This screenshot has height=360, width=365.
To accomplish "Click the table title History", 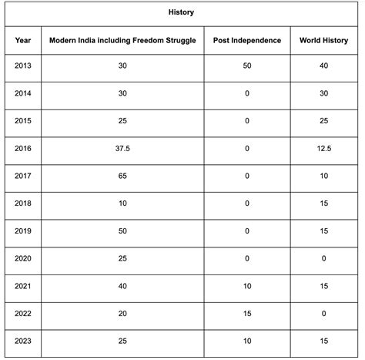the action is (x=182, y=13).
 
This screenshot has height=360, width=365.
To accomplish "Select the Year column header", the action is (x=22, y=40).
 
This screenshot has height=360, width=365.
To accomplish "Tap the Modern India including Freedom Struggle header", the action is (x=122, y=40).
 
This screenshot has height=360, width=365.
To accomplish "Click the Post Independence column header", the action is (x=246, y=40).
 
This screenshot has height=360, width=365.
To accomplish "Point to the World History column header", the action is (x=323, y=40).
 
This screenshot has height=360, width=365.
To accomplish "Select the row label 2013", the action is (x=22, y=66).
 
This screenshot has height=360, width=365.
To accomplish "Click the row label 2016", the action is (x=22, y=148).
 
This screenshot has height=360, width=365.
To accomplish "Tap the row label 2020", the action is (x=22, y=259).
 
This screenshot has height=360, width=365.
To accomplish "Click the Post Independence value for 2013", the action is (x=246, y=66).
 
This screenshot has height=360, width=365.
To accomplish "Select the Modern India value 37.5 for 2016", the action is (x=122, y=148).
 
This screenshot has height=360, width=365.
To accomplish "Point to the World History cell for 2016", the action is (x=323, y=148).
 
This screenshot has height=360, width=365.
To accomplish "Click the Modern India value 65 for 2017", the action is (x=122, y=176).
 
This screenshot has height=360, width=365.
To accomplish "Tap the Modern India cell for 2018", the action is (x=122, y=204).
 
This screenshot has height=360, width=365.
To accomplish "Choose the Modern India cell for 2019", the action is (x=122, y=231).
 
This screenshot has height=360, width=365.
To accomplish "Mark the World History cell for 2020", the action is (x=323, y=259).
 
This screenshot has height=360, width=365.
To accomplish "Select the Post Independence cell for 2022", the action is (x=246, y=314).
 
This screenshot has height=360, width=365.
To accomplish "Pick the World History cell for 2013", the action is (x=323, y=66).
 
